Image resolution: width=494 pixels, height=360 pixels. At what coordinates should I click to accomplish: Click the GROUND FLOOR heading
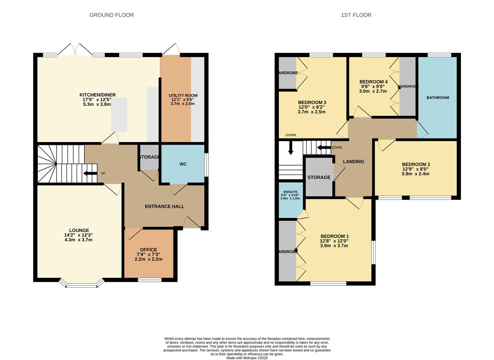(x=111, y=15)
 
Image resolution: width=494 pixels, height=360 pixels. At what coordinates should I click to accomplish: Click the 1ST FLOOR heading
(x=356, y=15)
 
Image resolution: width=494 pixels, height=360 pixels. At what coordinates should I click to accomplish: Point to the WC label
(x=183, y=164)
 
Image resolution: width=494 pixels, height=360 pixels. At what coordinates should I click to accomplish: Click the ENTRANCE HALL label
(x=164, y=206)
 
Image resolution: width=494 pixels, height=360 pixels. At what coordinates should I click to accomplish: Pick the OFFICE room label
(x=148, y=250)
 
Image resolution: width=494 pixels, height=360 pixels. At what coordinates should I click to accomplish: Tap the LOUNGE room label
(x=79, y=230)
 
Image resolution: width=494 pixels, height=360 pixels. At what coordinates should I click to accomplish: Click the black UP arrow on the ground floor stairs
(x=90, y=173)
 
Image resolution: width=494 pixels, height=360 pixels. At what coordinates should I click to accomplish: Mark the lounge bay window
(x=82, y=284)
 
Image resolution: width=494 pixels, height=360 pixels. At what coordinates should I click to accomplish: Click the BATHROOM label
(x=438, y=98)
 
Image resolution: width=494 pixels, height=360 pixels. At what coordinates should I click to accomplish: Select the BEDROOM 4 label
(x=373, y=82)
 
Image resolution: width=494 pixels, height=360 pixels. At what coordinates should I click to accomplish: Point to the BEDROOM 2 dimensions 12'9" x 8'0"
(x=416, y=169)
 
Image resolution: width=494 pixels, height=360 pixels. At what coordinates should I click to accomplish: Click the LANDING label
(x=353, y=161)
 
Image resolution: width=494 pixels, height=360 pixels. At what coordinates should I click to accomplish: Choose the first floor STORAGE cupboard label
(x=319, y=177)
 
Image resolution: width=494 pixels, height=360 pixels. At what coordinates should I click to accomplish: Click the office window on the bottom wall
(x=149, y=280)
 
